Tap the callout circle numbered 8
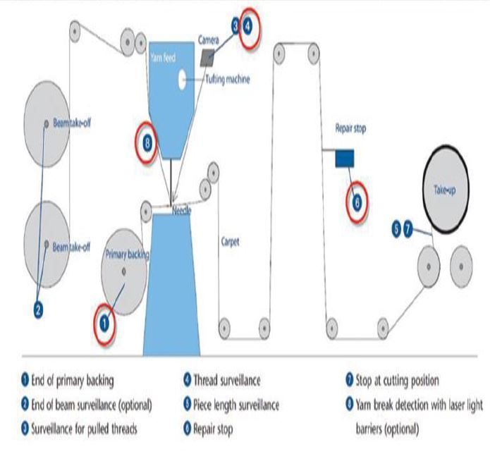147,142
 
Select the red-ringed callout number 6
357,202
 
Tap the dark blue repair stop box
344,159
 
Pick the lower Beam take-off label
72,245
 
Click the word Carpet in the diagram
230,242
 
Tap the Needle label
182,210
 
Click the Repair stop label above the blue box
350,129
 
